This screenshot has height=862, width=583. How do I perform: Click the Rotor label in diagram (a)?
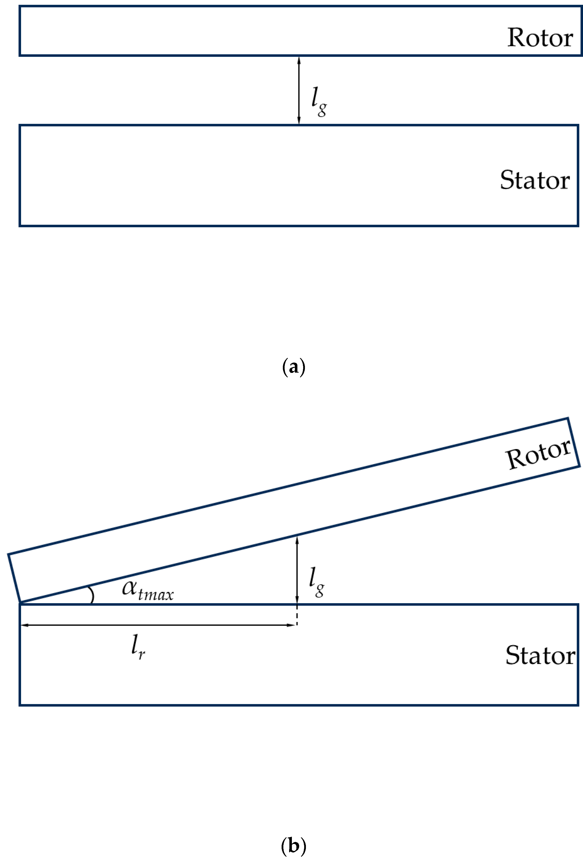pos(540,38)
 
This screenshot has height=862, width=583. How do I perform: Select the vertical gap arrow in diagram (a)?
pos(299,90)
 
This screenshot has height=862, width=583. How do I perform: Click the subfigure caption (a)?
pos(294,367)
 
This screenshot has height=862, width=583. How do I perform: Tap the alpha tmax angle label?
pos(147,589)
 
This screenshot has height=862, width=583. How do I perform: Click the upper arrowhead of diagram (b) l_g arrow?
pos(297,540)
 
